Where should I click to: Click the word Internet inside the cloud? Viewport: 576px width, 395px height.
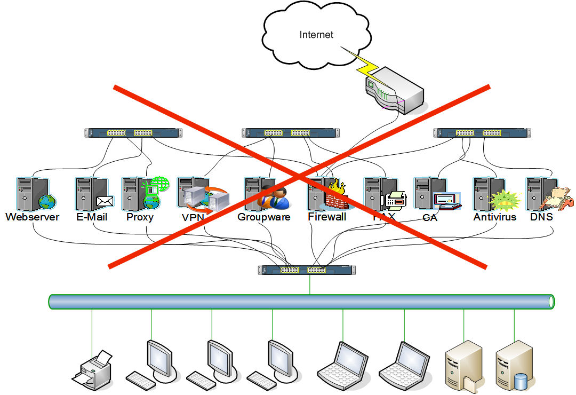pyautogui.click(x=316, y=35)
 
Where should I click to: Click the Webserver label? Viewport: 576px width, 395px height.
pyautogui.click(x=33, y=217)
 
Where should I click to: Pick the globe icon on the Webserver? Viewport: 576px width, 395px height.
pyautogui.click(x=47, y=202)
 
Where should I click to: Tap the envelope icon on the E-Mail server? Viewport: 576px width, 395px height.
pyautogui.click(x=105, y=202)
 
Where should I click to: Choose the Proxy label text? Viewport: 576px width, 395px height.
pyautogui.click(x=140, y=217)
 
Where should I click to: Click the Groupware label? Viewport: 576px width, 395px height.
pyautogui.click(x=263, y=217)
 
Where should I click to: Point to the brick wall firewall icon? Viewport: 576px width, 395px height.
pyautogui.click(x=336, y=200)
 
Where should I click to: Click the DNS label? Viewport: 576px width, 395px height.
pyautogui.click(x=541, y=217)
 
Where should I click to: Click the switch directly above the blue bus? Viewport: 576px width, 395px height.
pyautogui.click(x=307, y=270)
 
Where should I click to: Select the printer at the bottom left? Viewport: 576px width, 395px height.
pyautogui.click(x=93, y=368)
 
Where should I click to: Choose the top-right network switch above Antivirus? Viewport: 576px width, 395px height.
pyautogui.click(x=480, y=133)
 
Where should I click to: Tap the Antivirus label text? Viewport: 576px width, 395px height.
pyautogui.click(x=494, y=217)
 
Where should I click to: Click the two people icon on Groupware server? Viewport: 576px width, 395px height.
pyautogui.click(x=274, y=198)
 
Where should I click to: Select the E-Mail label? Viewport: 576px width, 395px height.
pyautogui.click(x=91, y=217)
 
